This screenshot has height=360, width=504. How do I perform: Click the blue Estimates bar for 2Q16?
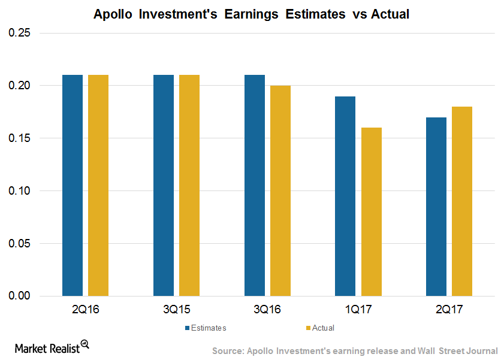tap(73, 185)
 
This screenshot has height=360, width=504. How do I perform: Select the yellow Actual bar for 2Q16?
tap(98, 185)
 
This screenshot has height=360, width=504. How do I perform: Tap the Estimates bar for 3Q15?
tap(164, 185)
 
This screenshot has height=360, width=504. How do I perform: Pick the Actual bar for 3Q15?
tap(189, 185)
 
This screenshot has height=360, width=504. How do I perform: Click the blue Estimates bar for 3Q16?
tap(255, 185)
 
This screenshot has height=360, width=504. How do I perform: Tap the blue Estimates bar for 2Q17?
tap(436, 207)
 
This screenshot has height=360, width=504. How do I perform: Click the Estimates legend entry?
tap(206, 328)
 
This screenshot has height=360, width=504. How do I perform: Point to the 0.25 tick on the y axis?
tap(19, 33)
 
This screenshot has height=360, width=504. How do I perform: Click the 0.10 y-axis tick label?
tap(19, 190)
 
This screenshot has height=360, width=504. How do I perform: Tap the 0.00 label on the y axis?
tap(19, 296)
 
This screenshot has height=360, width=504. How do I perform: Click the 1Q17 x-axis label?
tap(358, 310)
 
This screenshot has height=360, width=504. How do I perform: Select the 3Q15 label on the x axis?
tap(176, 310)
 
